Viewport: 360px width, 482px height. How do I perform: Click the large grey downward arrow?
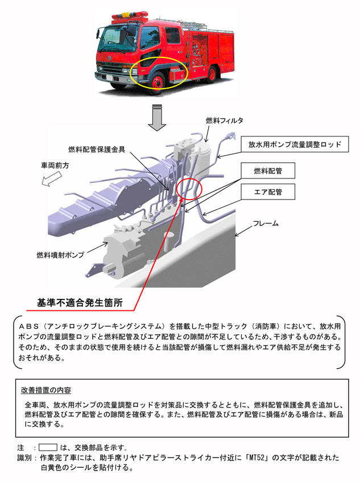point(158,117)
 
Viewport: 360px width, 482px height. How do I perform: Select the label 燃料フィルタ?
point(224,120)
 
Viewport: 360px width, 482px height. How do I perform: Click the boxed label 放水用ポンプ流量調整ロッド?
point(294,145)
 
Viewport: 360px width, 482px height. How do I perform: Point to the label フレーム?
point(266,223)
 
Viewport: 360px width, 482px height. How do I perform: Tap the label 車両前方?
point(55,165)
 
